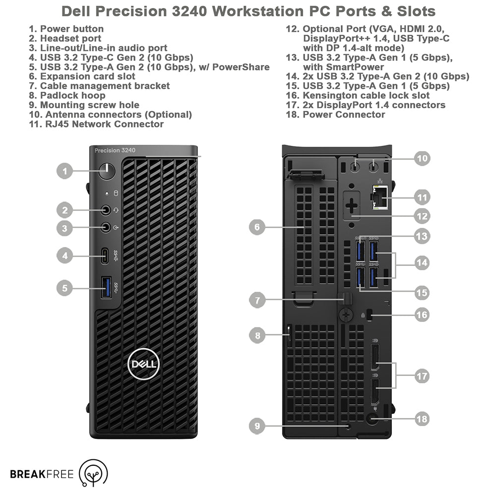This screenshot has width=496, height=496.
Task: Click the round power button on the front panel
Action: tap(107, 172)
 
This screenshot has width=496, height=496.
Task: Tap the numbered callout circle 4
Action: tap(64, 255)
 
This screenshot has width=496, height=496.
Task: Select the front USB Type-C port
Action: tap(105, 256)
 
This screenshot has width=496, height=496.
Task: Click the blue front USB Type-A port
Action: tap(106, 287)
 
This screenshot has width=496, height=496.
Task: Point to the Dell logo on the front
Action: tap(143, 364)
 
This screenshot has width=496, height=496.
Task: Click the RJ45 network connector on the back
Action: tap(380, 197)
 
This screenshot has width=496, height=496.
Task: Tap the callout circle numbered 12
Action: tap(422, 216)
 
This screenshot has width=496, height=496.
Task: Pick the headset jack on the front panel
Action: tap(106, 210)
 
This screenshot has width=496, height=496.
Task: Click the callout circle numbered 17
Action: tap(422, 376)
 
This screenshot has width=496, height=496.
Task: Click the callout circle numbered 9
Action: tap(257, 426)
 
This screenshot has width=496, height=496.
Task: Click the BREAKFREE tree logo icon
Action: tap(93, 473)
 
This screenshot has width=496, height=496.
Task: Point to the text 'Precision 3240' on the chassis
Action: tap(115, 151)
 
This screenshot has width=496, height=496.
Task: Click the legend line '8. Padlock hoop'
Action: tap(67, 96)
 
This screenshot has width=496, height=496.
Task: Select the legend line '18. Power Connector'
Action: tap(335, 115)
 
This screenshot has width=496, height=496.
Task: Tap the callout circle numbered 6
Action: tap(257, 227)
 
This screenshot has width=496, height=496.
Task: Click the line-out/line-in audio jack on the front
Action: tap(106, 227)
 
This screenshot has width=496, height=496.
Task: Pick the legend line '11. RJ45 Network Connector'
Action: tap(96, 124)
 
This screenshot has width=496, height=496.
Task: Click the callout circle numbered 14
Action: tap(422, 262)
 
